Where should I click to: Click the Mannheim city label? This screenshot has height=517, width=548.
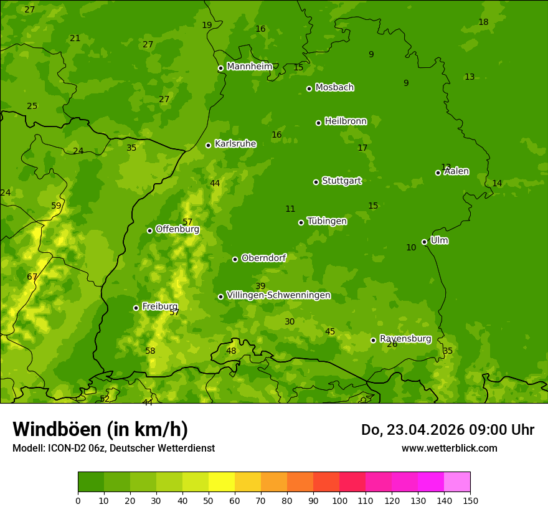249,67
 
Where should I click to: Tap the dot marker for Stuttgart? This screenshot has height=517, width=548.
316,182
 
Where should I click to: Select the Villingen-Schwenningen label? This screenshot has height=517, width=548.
278,295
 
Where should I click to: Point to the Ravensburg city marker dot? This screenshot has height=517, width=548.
373,340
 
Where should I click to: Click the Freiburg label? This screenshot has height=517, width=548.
159,306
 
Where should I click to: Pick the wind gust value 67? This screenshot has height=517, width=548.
32,277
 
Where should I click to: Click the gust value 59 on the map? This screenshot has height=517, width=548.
56,206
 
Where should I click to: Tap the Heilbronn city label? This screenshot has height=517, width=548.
346,121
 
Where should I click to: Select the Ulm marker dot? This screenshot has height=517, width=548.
424,242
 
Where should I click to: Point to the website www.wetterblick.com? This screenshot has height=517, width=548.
449,448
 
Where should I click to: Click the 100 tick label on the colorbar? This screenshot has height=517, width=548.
339,500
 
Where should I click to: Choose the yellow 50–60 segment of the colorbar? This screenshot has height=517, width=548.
222,482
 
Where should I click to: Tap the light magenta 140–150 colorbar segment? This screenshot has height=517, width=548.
457,482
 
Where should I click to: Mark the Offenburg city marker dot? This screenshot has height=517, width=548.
149,230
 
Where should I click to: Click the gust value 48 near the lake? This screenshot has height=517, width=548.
231,351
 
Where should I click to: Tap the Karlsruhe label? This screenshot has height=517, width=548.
235,144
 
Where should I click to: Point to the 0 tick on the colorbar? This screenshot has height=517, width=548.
78,500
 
